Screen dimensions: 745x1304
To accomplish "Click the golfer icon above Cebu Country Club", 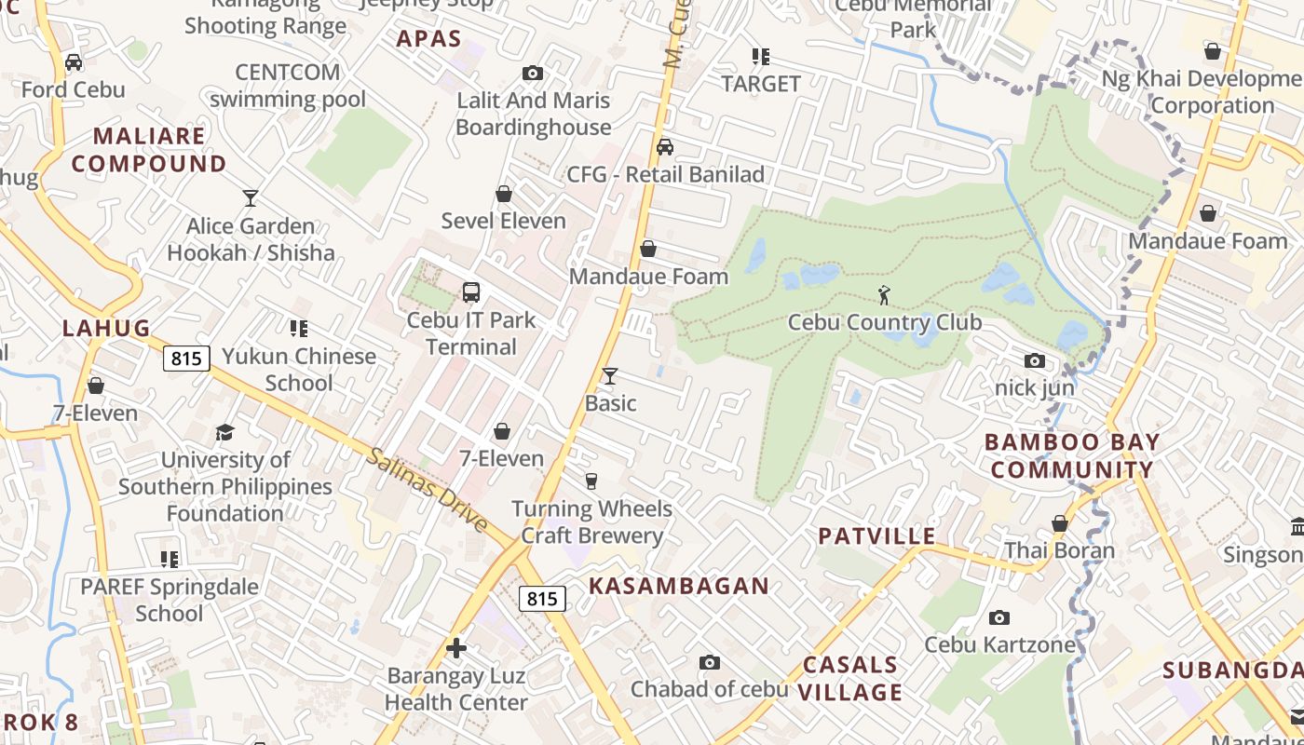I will pos(884,295).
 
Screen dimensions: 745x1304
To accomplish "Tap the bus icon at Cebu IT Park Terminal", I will pos(471,292).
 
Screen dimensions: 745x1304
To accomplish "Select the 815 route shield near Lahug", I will pos(186,358).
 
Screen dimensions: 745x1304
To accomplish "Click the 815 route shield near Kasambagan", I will pos(542,599).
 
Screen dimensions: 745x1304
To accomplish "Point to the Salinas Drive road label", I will pos(427,490).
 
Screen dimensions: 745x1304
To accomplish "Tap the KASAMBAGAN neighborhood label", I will pos(679,586).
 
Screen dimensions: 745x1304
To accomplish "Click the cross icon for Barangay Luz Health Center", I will pos(456,648).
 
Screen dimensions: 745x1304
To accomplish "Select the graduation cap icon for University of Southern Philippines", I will pos(224,433).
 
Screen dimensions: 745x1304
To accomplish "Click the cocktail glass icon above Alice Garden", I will pos(250,197).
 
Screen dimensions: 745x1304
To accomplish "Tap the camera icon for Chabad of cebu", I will pos(710,662).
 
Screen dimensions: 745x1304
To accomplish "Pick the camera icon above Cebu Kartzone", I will pos(999,617).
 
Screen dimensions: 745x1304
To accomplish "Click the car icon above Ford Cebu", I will pos(73,62).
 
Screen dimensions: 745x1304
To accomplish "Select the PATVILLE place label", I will pos(876,535).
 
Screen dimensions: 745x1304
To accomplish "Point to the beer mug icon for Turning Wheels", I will pos(591,481).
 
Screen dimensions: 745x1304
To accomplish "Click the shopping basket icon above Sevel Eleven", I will pos(504,194).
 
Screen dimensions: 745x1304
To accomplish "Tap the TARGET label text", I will pos(761,84).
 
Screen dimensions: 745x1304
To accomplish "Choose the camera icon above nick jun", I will pos(1034,360).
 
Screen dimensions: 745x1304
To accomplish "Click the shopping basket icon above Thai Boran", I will pos(1059,523).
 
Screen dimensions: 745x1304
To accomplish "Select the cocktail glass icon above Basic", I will pos(610,375).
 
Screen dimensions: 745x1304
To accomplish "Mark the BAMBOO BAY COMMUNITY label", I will pos(1072,455).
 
